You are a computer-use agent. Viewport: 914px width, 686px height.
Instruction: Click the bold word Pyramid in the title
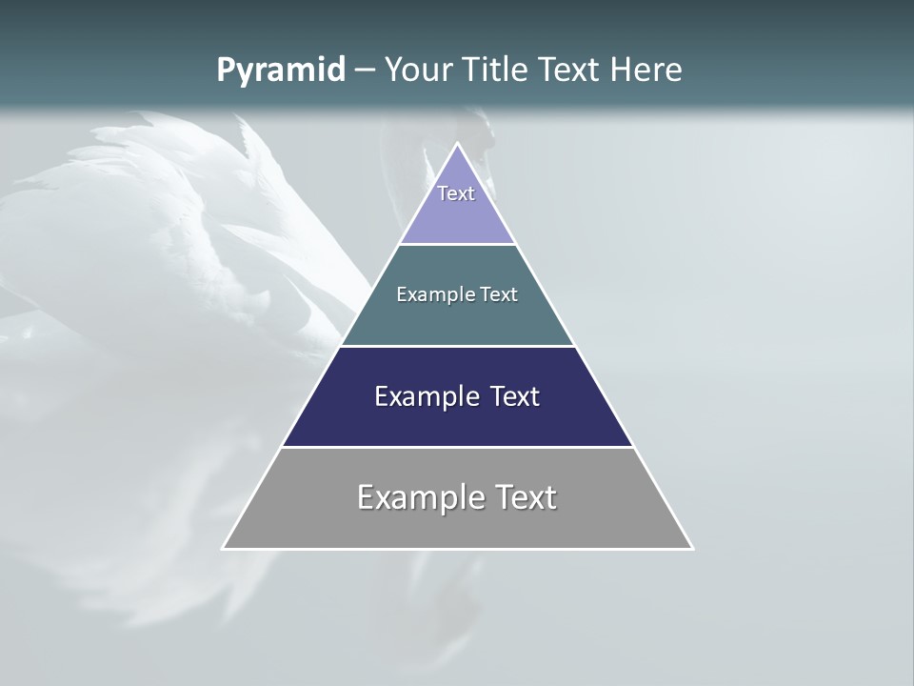[280, 71]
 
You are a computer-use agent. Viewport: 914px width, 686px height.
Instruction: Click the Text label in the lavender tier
[456, 193]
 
